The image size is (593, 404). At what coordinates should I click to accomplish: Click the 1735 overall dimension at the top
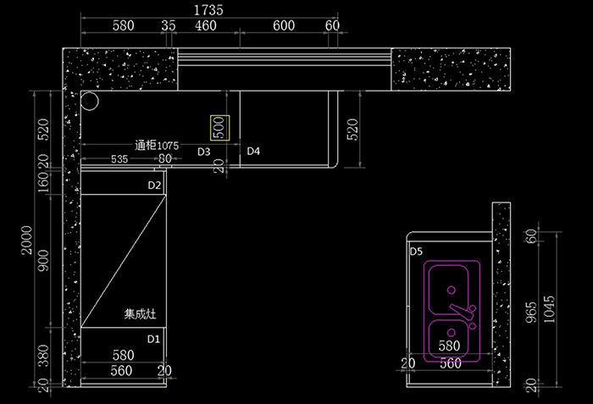pyautogui.click(x=208, y=10)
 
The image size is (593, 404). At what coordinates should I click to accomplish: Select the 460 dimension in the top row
pyautogui.click(x=206, y=25)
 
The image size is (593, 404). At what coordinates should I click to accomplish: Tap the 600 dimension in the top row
pyautogui.click(x=284, y=25)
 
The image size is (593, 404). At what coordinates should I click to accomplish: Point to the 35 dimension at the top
pyautogui.click(x=169, y=25)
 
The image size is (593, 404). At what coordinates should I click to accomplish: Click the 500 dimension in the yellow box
pyautogui.click(x=219, y=128)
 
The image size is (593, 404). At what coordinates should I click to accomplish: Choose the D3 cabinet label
pyautogui.click(x=204, y=152)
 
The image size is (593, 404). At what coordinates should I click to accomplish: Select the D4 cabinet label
pyautogui.click(x=253, y=152)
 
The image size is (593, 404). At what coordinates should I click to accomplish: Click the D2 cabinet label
pyautogui.click(x=154, y=185)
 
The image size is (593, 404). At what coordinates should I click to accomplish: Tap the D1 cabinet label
pyautogui.click(x=153, y=340)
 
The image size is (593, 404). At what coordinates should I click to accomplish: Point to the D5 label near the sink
pyautogui.click(x=416, y=252)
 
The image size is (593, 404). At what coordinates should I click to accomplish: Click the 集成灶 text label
pyautogui.click(x=140, y=314)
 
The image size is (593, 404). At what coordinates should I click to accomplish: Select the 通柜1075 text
pyautogui.click(x=157, y=146)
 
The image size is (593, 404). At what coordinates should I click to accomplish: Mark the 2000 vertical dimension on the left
pyautogui.click(x=27, y=240)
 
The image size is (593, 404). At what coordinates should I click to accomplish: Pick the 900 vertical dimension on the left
pyautogui.click(x=43, y=261)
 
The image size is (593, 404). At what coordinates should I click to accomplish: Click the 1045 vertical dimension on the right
pyautogui.click(x=549, y=309)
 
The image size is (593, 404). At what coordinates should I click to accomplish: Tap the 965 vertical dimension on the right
pyautogui.click(x=531, y=313)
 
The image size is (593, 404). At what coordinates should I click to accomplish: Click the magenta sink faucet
pyautogui.click(x=463, y=310)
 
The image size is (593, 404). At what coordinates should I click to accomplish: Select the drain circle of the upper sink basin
pyautogui.click(x=452, y=291)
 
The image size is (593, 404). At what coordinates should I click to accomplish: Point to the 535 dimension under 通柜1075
pyautogui.click(x=119, y=159)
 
